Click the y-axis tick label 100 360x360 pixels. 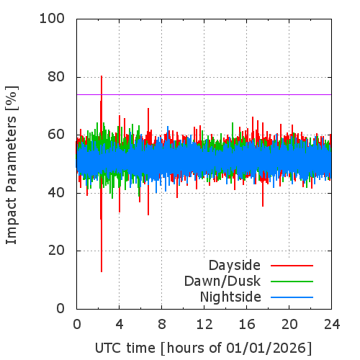click(52, 19)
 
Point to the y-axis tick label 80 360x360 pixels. click(56, 77)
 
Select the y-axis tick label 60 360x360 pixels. click(56, 135)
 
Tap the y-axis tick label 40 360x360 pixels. click(56, 193)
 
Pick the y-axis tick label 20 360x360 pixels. click(56, 251)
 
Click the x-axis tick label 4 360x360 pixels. click(120, 325)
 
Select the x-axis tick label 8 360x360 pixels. click(162, 325)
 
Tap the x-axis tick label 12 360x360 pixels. click(204, 325)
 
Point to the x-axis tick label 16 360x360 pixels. click(247, 325)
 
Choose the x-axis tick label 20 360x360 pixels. click(289, 325)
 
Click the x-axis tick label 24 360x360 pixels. click(332, 325)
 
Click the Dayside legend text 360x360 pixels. click(235, 266)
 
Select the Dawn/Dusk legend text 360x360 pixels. click(222, 282)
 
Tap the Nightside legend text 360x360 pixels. click(230, 297)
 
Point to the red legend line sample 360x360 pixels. click(292, 266)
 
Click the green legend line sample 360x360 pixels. click(292, 282)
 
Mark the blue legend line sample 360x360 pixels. click(292, 297)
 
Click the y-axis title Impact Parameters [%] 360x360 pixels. click(12, 165)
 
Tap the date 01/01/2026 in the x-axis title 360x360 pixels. click(266, 348)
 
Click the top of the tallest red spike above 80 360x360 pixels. click(102, 76)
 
